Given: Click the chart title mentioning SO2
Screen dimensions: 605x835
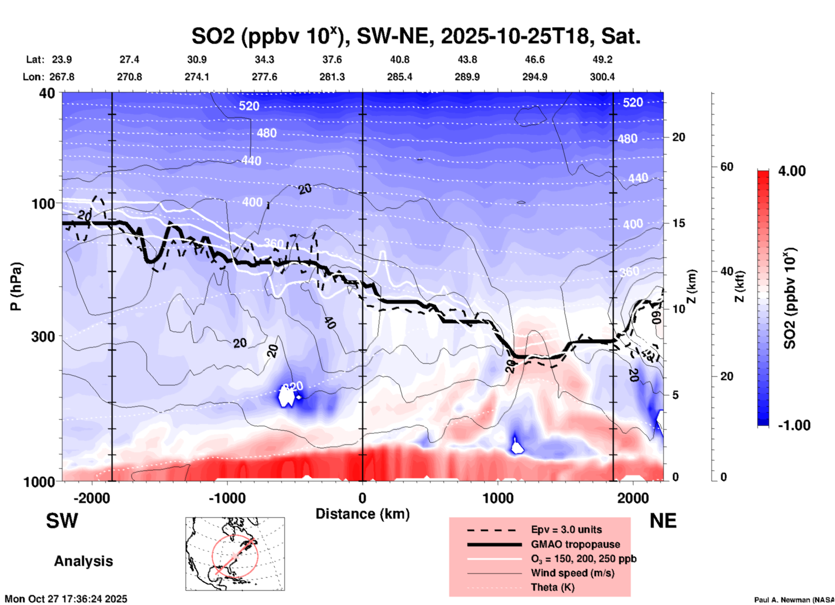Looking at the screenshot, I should point(416,36).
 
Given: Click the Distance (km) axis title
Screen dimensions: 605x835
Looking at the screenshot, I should point(362,514).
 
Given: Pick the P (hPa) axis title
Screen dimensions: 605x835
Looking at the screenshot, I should point(16,286).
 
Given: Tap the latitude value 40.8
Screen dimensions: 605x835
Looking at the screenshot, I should point(400,59).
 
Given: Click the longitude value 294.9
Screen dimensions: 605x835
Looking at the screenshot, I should point(535,77).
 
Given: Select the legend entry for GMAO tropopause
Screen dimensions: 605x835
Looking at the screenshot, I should point(575,544).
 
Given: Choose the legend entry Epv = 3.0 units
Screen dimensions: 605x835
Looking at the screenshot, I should point(566,529).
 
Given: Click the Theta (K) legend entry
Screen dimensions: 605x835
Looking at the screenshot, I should point(552,587).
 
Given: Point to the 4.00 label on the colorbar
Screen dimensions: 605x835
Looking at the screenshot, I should point(792,171).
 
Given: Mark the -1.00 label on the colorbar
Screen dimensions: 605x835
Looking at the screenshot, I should point(794,425).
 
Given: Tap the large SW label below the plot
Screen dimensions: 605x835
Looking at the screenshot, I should point(62,521).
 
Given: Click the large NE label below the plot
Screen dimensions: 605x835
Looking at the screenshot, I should point(663,521).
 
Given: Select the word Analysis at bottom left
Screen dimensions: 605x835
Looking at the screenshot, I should point(83,561).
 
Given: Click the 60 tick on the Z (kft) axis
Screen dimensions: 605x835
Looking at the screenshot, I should point(727,167).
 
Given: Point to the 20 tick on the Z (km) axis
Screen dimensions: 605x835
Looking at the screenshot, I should point(678,138).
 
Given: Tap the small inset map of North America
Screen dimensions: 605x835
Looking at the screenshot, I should point(235,554).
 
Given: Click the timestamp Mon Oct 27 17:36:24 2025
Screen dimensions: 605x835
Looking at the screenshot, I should point(66,599).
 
